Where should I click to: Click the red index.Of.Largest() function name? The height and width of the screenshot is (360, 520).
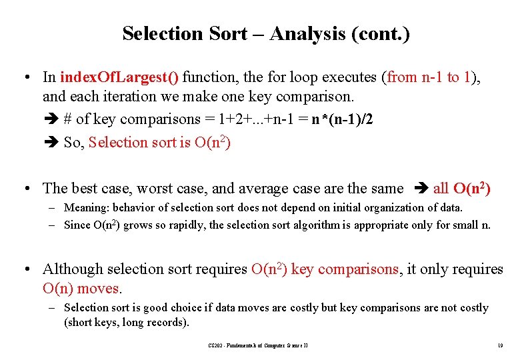[119, 77]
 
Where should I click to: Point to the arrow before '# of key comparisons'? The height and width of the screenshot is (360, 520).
[54, 120]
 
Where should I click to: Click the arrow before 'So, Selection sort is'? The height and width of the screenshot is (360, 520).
[54, 143]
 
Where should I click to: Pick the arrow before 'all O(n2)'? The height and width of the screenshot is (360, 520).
[421, 189]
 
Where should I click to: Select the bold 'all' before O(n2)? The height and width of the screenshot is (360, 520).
[441, 189]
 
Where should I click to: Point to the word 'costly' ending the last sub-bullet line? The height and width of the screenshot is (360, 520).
[473, 308]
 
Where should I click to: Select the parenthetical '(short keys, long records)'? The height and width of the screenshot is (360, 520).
[126, 323]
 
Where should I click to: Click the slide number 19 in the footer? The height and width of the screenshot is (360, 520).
[499, 345]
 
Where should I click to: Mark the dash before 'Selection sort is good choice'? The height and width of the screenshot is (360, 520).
[51, 308]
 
